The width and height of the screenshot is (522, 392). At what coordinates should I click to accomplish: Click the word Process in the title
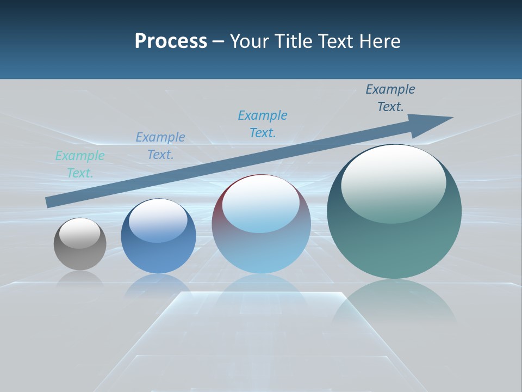[x=171, y=41]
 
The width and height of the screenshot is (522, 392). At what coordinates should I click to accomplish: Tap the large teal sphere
[x=394, y=240]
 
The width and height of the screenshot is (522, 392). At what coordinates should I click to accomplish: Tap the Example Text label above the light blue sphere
[x=263, y=124]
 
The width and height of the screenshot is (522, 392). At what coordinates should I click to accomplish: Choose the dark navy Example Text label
[x=390, y=98]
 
